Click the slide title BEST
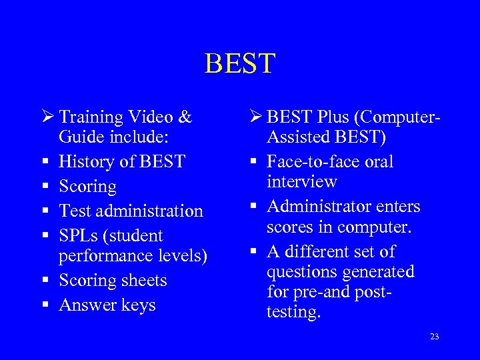239,64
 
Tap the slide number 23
434,337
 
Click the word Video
149,117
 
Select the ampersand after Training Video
185,117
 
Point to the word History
86,161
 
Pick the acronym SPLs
77,235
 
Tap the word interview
302,182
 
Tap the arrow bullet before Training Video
46,117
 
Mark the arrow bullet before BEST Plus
253,117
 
